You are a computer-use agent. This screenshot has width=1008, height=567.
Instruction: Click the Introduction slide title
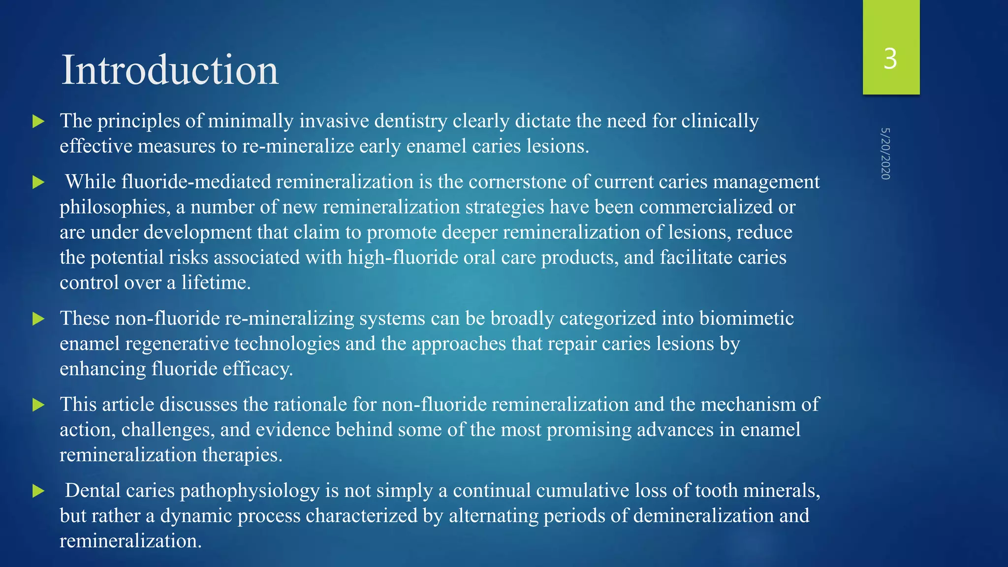click(x=170, y=70)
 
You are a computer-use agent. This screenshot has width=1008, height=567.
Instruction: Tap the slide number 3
click(x=890, y=59)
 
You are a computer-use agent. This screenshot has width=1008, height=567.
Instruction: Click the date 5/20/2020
click(x=885, y=154)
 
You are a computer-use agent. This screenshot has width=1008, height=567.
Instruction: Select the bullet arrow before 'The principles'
click(x=38, y=122)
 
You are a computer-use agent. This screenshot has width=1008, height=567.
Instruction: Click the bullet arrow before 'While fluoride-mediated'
click(x=38, y=183)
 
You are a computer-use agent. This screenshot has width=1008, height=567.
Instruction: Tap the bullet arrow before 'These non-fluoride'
click(x=38, y=319)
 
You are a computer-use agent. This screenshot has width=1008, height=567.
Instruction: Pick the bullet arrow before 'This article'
click(x=38, y=405)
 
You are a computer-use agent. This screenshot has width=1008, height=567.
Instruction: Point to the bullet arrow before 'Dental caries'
click(x=38, y=491)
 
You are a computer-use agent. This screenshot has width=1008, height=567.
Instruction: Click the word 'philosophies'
click(x=115, y=207)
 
